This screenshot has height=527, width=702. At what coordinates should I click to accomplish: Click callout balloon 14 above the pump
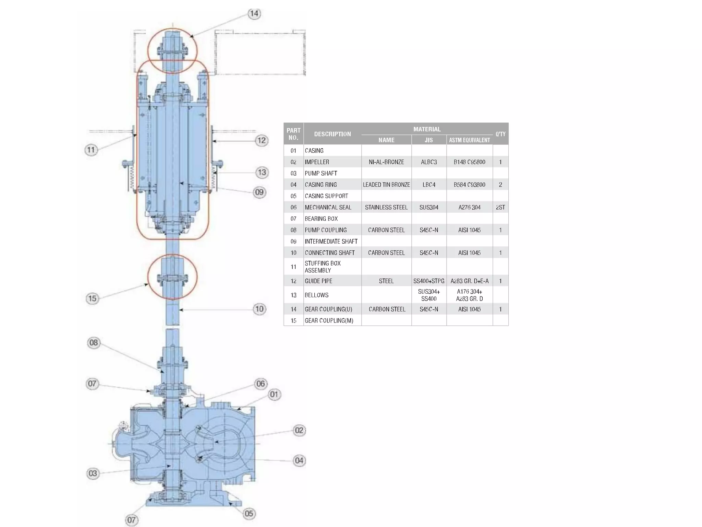[x=254, y=14]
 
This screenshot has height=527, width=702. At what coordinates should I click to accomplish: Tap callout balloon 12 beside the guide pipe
[x=262, y=140]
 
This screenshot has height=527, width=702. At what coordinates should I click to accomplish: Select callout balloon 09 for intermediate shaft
[x=259, y=192]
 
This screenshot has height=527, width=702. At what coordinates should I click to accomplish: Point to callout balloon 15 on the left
[x=92, y=298]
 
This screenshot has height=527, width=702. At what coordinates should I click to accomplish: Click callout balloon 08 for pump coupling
[x=94, y=342]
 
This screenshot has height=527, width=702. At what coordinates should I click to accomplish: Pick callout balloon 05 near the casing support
[x=249, y=514]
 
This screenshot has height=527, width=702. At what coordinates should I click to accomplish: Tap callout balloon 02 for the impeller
[x=299, y=430]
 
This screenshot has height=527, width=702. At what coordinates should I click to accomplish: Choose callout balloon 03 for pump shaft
[x=93, y=473]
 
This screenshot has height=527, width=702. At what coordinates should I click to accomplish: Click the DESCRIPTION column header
[x=332, y=134]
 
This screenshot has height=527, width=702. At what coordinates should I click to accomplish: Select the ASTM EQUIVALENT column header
[x=469, y=140]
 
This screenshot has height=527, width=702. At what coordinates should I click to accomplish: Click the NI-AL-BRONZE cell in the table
[x=386, y=162]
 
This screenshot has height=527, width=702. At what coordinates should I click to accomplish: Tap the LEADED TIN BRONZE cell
[x=386, y=185]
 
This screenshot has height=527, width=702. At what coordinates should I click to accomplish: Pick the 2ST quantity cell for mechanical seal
[x=500, y=207]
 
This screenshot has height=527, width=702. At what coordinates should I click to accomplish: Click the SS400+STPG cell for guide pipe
[x=428, y=281]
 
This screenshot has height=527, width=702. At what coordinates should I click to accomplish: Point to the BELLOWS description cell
[x=316, y=295]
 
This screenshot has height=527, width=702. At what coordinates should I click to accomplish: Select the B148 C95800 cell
[x=469, y=162]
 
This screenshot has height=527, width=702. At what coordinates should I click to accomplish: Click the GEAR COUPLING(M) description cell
[x=329, y=320]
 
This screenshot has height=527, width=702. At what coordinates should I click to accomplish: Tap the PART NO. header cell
[x=293, y=134]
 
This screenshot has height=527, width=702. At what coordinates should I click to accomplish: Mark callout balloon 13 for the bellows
[x=262, y=172]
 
